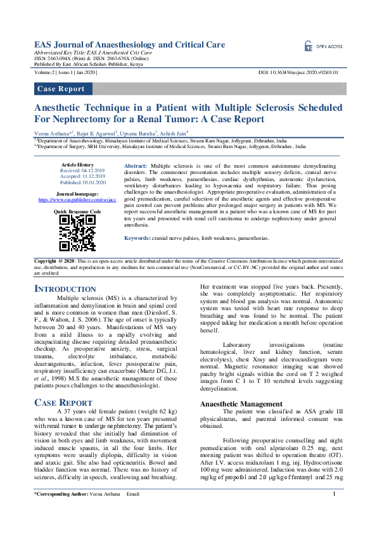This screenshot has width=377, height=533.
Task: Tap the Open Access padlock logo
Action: (309, 46)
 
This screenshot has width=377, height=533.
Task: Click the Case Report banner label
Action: (61, 89)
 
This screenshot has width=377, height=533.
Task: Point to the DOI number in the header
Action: (302, 73)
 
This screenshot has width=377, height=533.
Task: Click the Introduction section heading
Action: (65, 289)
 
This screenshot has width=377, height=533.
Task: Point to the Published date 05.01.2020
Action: (77, 181)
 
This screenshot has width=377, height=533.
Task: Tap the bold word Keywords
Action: (137, 238)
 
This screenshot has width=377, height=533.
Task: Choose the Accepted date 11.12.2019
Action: (77, 176)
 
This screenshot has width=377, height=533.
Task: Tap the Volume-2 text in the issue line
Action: (48, 73)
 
